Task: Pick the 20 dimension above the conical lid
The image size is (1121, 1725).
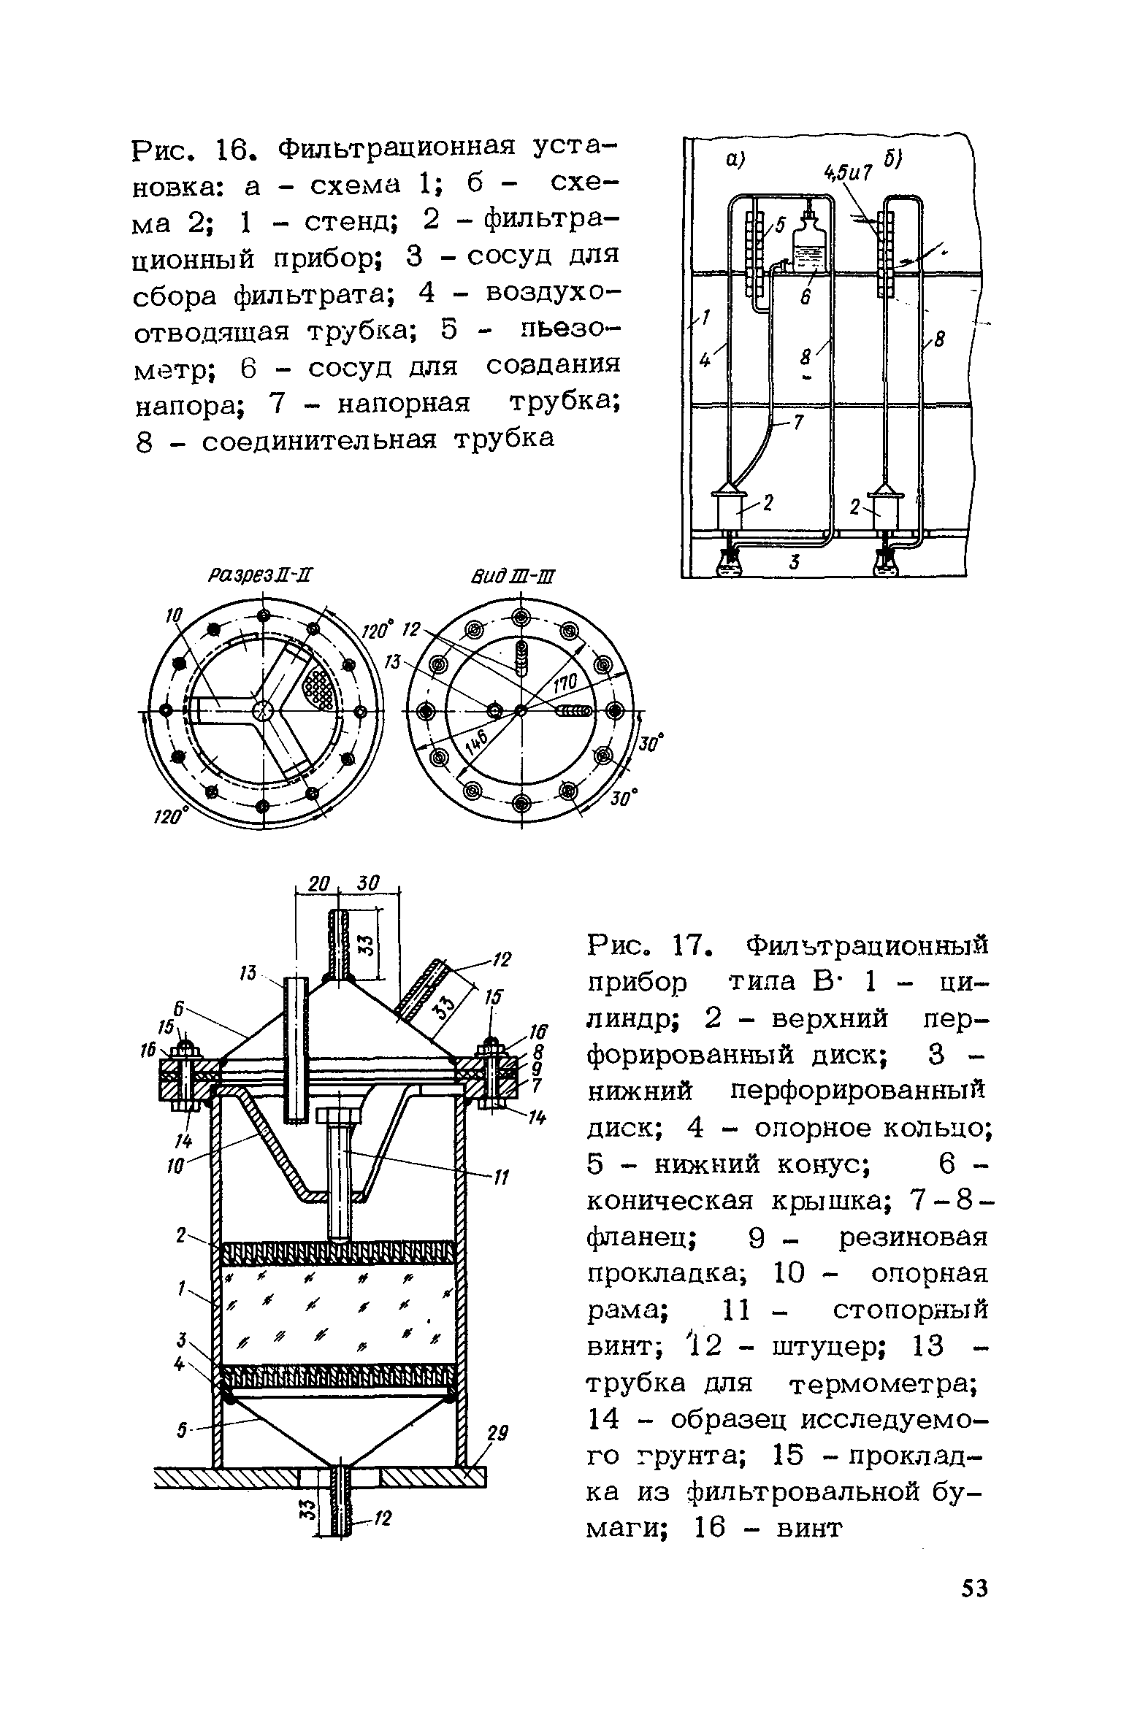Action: [315, 883]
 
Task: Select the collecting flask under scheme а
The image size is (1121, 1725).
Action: [728, 563]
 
